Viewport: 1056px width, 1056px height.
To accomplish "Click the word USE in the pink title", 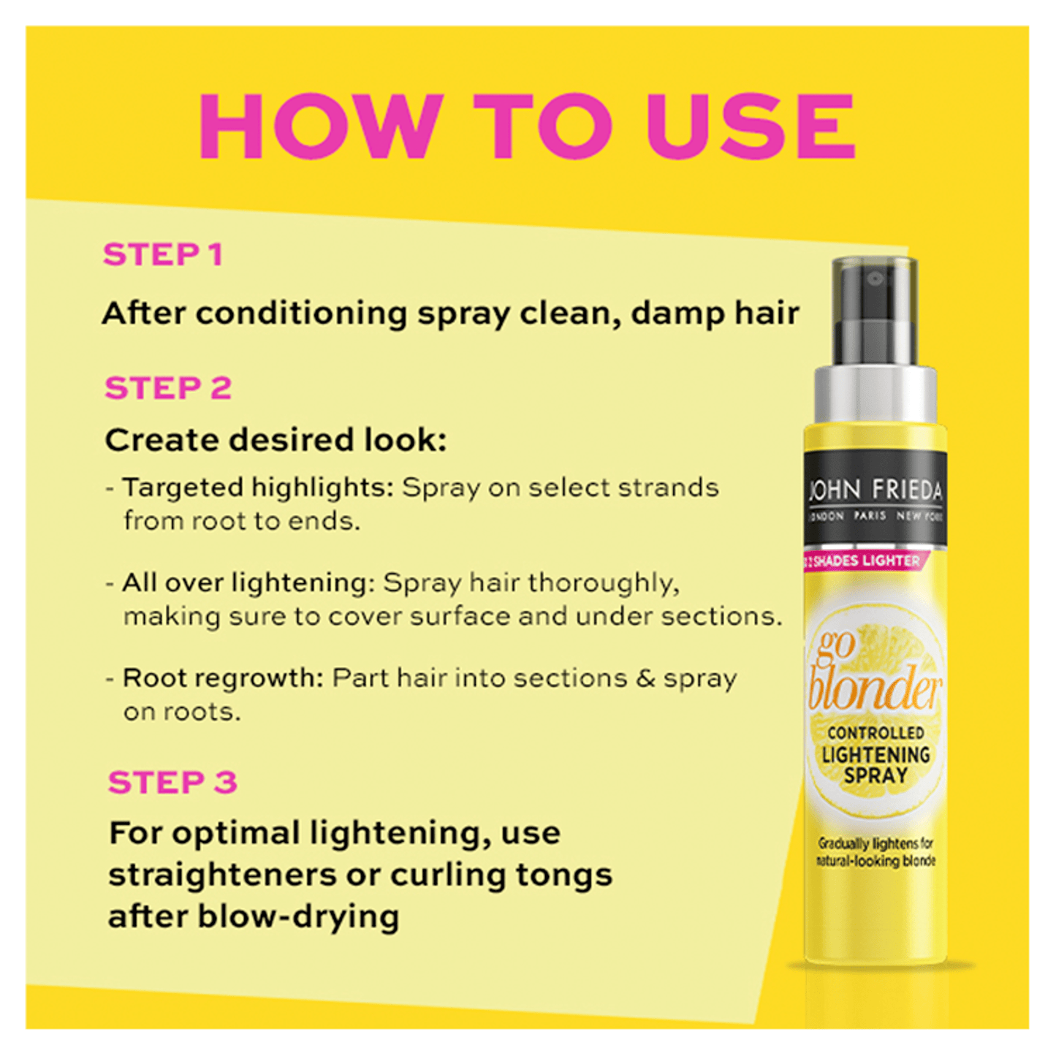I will click(x=751, y=126).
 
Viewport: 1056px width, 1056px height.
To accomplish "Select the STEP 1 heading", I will click(x=162, y=255).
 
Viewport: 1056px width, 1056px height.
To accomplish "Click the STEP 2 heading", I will click(x=168, y=388).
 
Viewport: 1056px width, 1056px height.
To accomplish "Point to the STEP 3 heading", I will click(x=172, y=783).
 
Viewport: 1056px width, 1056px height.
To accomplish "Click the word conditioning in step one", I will click(x=301, y=314).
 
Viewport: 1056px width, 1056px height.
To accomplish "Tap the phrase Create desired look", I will click(x=276, y=441).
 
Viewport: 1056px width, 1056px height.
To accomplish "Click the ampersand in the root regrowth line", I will click(x=645, y=678).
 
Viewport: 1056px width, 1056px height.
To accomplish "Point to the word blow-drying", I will click(x=299, y=916).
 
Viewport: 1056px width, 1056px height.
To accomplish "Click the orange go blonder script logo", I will click(x=872, y=676).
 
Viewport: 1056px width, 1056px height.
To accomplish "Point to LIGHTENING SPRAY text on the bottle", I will click(x=875, y=764).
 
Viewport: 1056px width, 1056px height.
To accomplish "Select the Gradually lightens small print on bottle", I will click(x=875, y=852).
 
